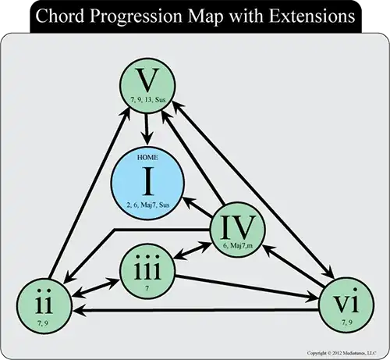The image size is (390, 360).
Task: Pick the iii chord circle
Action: (145, 269)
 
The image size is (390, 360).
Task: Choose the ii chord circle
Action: (44, 300)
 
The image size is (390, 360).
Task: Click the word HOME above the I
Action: (147, 158)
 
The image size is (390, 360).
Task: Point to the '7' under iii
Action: (145, 288)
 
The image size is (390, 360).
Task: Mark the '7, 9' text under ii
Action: (44, 319)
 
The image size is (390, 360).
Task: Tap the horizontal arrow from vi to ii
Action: (195, 311)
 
